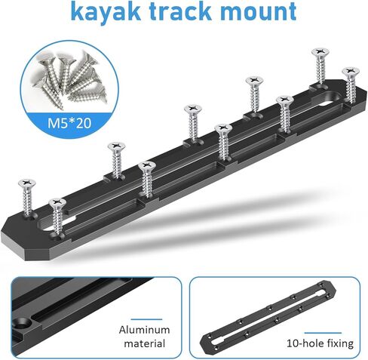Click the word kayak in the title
coord(106,11)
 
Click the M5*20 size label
coord(69,123)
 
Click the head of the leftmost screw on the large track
coord(27,183)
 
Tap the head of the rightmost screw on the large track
coord(351,72)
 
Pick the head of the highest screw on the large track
coord(320,52)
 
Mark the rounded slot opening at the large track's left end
coord(45,225)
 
